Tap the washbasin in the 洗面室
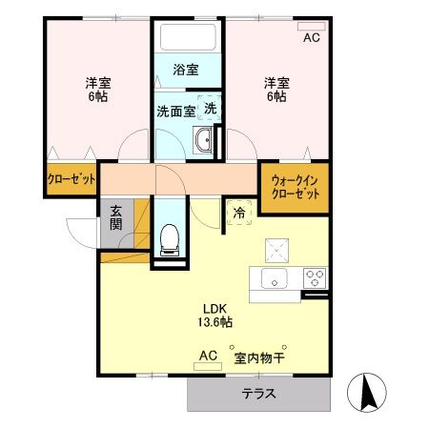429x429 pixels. [x=203, y=143]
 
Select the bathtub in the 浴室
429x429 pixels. [x=188, y=38]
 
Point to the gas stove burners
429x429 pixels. [x=315, y=278]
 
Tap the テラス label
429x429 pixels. [x=259, y=395]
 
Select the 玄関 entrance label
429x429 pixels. [x=115, y=218]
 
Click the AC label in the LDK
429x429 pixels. [x=208, y=357]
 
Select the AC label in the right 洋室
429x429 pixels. [x=312, y=38]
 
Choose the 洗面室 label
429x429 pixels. [x=175, y=110]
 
